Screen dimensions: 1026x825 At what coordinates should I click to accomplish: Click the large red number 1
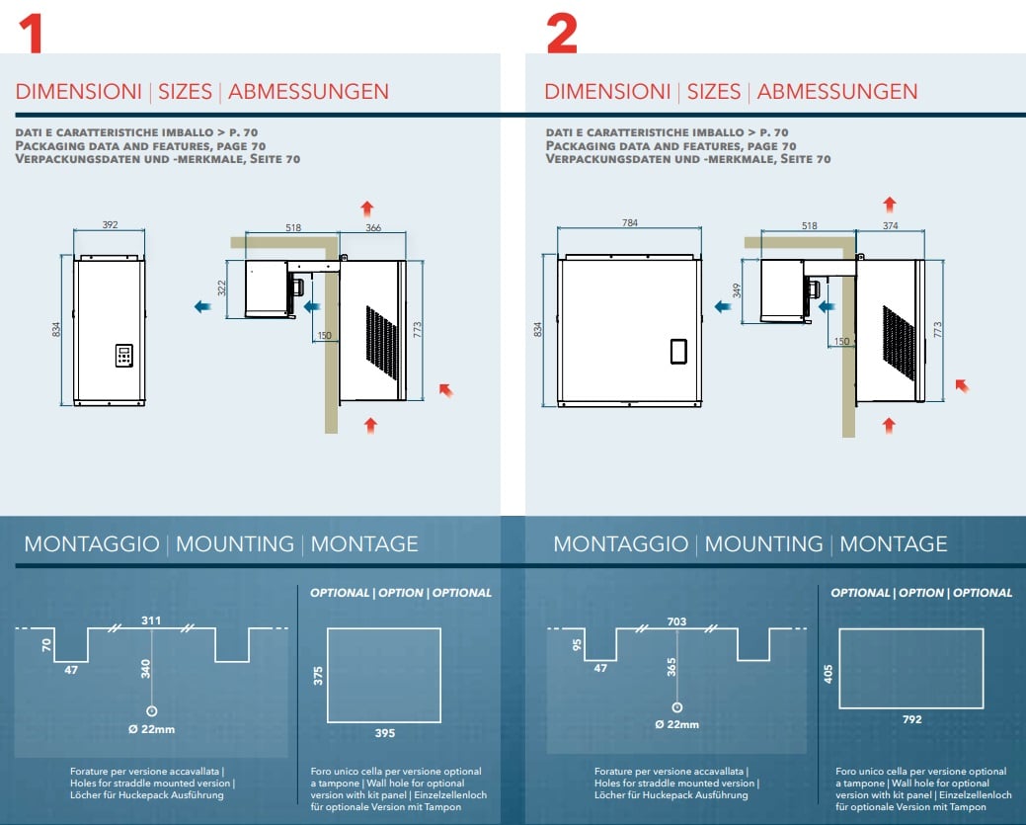32,34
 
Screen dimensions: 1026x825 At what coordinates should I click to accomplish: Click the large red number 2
562,34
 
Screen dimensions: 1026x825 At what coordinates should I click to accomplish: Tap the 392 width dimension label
110,224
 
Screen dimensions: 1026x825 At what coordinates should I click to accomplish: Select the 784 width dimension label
629,222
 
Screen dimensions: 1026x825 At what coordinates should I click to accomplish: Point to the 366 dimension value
373,227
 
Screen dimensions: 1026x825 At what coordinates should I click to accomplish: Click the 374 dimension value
891,225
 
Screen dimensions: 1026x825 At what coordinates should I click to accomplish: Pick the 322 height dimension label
222,289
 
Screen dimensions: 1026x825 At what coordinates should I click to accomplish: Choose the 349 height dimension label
737,290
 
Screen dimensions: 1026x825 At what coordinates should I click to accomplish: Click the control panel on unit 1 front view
124,356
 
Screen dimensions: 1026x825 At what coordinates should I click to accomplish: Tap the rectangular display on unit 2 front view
678,351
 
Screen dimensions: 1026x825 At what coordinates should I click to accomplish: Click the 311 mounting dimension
151,620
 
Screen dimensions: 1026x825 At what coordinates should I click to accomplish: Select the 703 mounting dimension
676,620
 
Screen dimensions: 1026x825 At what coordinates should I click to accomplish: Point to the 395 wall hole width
385,733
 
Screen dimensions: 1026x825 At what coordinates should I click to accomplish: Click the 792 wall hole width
912,719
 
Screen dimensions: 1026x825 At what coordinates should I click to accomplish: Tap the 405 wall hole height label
829,675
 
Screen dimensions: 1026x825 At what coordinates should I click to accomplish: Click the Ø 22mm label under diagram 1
152,729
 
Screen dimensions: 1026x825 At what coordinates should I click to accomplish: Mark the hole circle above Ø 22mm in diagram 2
677,707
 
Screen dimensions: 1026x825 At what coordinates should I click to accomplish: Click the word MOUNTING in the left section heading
235,544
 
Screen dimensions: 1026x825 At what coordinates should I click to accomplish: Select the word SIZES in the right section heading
714,92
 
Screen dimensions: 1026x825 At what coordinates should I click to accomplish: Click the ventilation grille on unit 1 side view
381,343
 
